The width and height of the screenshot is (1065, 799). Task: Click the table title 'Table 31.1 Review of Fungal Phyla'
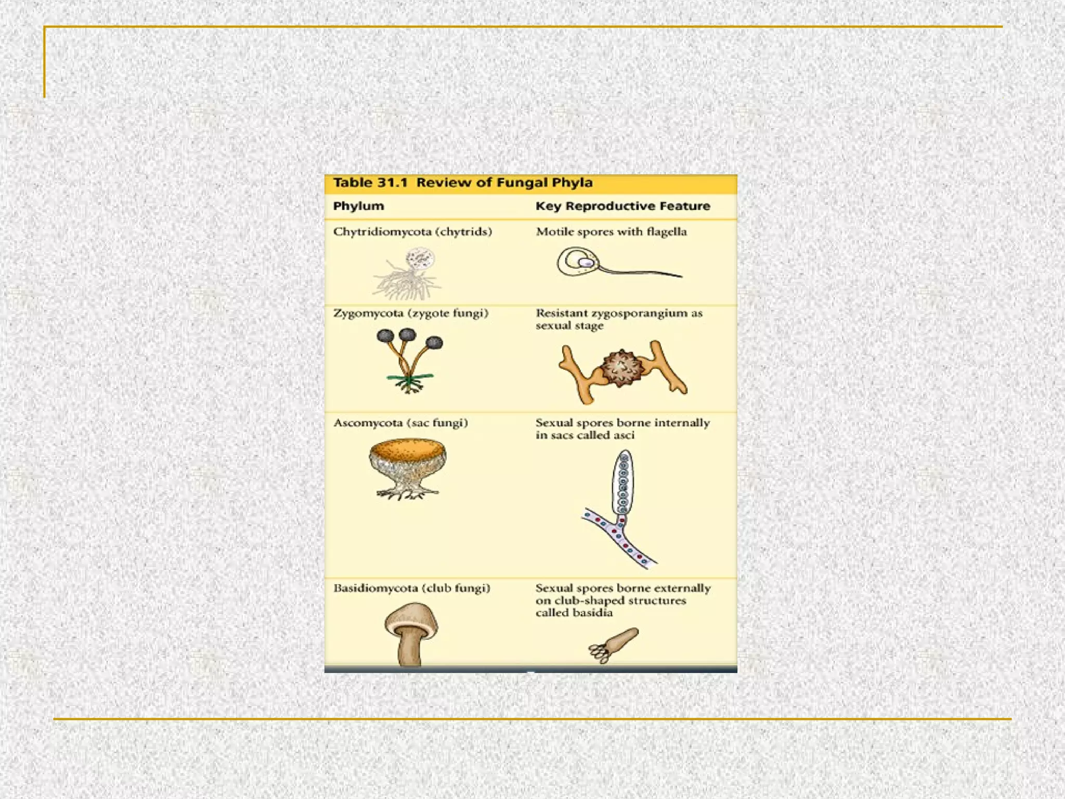point(463,183)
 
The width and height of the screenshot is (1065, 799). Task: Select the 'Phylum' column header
point(358,206)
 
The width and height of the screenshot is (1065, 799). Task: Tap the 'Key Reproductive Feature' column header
point(622,206)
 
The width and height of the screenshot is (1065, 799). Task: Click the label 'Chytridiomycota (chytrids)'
point(412,231)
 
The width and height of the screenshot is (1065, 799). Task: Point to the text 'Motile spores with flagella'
point(611,231)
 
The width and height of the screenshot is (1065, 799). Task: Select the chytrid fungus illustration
point(408,273)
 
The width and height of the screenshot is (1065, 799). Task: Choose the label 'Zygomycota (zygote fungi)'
point(411,313)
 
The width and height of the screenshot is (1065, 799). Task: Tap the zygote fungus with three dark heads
point(409,359)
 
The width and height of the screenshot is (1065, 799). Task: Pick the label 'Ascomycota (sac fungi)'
point(400,423)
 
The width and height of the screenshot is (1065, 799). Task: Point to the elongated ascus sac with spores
point(623,481)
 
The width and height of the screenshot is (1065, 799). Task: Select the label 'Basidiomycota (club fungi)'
point(411,588)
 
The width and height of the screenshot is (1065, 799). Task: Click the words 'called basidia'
point(574,613)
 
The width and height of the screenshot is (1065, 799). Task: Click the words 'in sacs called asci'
point(585,435)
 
